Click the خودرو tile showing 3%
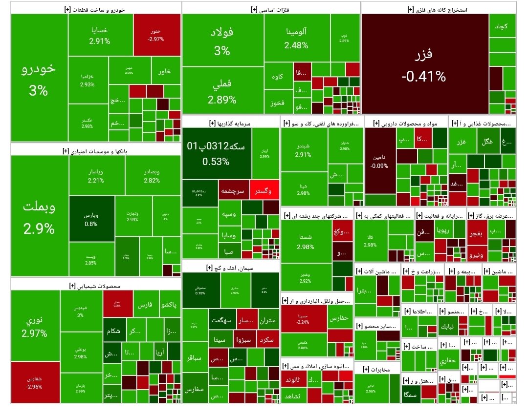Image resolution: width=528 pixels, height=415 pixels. [x=39, y=78]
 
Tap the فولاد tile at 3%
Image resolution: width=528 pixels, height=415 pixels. [x=221, y=41]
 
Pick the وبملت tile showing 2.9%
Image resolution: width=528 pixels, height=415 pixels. [x=39, y=215]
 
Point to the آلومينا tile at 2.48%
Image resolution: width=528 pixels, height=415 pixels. [x=296, y=38]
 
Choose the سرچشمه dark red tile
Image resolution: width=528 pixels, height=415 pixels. [x=233, y=191]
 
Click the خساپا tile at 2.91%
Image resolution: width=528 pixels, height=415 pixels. [x=100, y=35]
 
